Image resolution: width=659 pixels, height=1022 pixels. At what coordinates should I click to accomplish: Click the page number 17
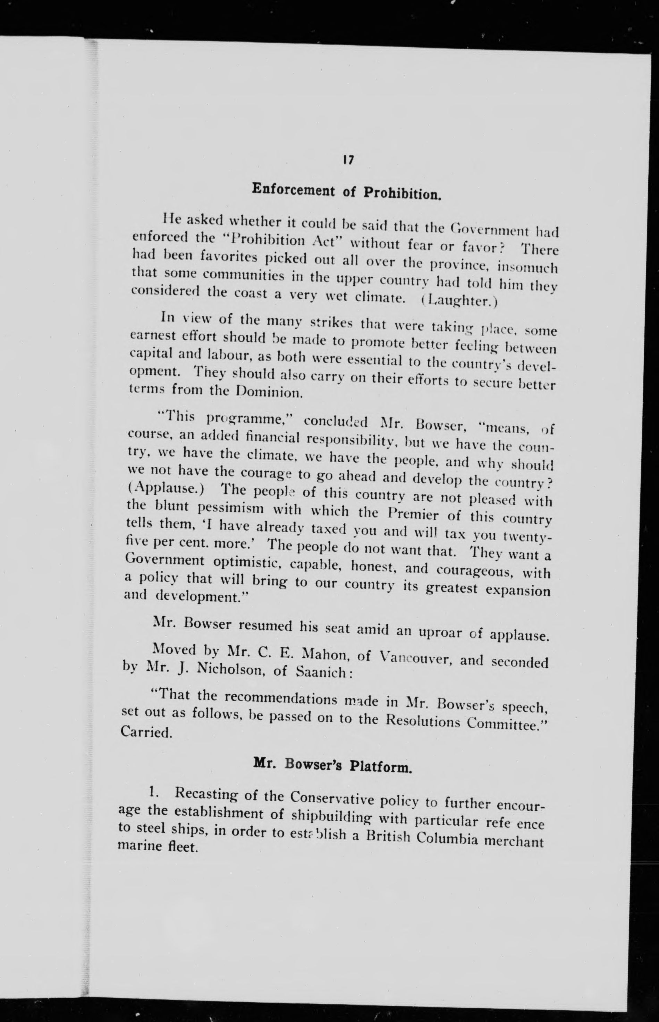tap(347, 160)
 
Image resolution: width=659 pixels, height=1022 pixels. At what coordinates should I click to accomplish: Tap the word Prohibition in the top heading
tap(402, 194)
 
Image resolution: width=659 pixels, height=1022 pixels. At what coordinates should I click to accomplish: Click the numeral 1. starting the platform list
tap(153, 793)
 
